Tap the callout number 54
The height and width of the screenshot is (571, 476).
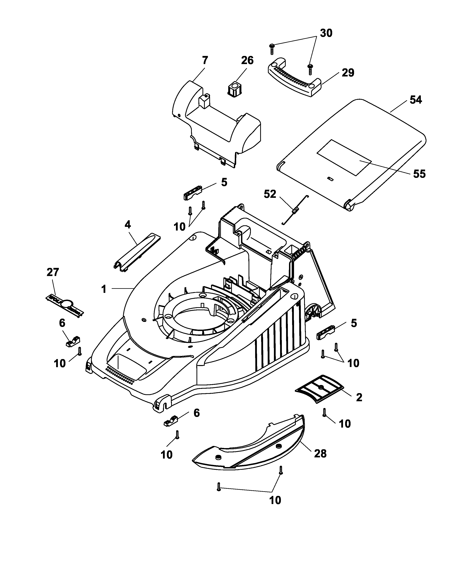[416, 100]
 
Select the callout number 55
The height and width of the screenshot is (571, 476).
[419, 174]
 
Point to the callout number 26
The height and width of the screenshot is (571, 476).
[247, 60]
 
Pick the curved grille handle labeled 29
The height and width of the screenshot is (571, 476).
[294, 79]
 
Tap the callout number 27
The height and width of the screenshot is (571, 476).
[53, 272]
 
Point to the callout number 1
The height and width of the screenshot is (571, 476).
[104, 289]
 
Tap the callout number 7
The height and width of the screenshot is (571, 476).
[205, 60]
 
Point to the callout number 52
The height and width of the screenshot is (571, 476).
[270, 194]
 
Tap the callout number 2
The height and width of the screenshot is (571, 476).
[359, 398]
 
